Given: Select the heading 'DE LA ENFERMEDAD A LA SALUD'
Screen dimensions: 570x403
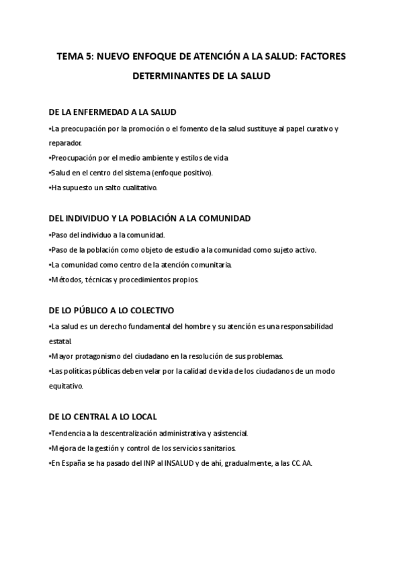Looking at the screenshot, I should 113,112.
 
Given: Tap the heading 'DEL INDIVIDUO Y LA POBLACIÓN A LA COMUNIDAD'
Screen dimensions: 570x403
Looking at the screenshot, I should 150,218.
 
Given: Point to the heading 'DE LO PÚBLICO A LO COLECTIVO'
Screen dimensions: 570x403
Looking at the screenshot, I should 111,311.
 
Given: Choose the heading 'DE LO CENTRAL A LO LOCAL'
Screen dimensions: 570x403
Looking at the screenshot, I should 103,417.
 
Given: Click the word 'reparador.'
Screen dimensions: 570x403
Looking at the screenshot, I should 66,143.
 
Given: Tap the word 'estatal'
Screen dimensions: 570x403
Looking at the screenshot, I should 60,341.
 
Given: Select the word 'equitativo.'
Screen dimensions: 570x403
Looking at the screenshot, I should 66,386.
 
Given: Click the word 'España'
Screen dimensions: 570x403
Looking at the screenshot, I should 73,464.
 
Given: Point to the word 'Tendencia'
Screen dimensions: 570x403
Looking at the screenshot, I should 69,433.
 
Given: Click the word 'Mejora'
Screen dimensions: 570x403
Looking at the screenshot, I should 64,448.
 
